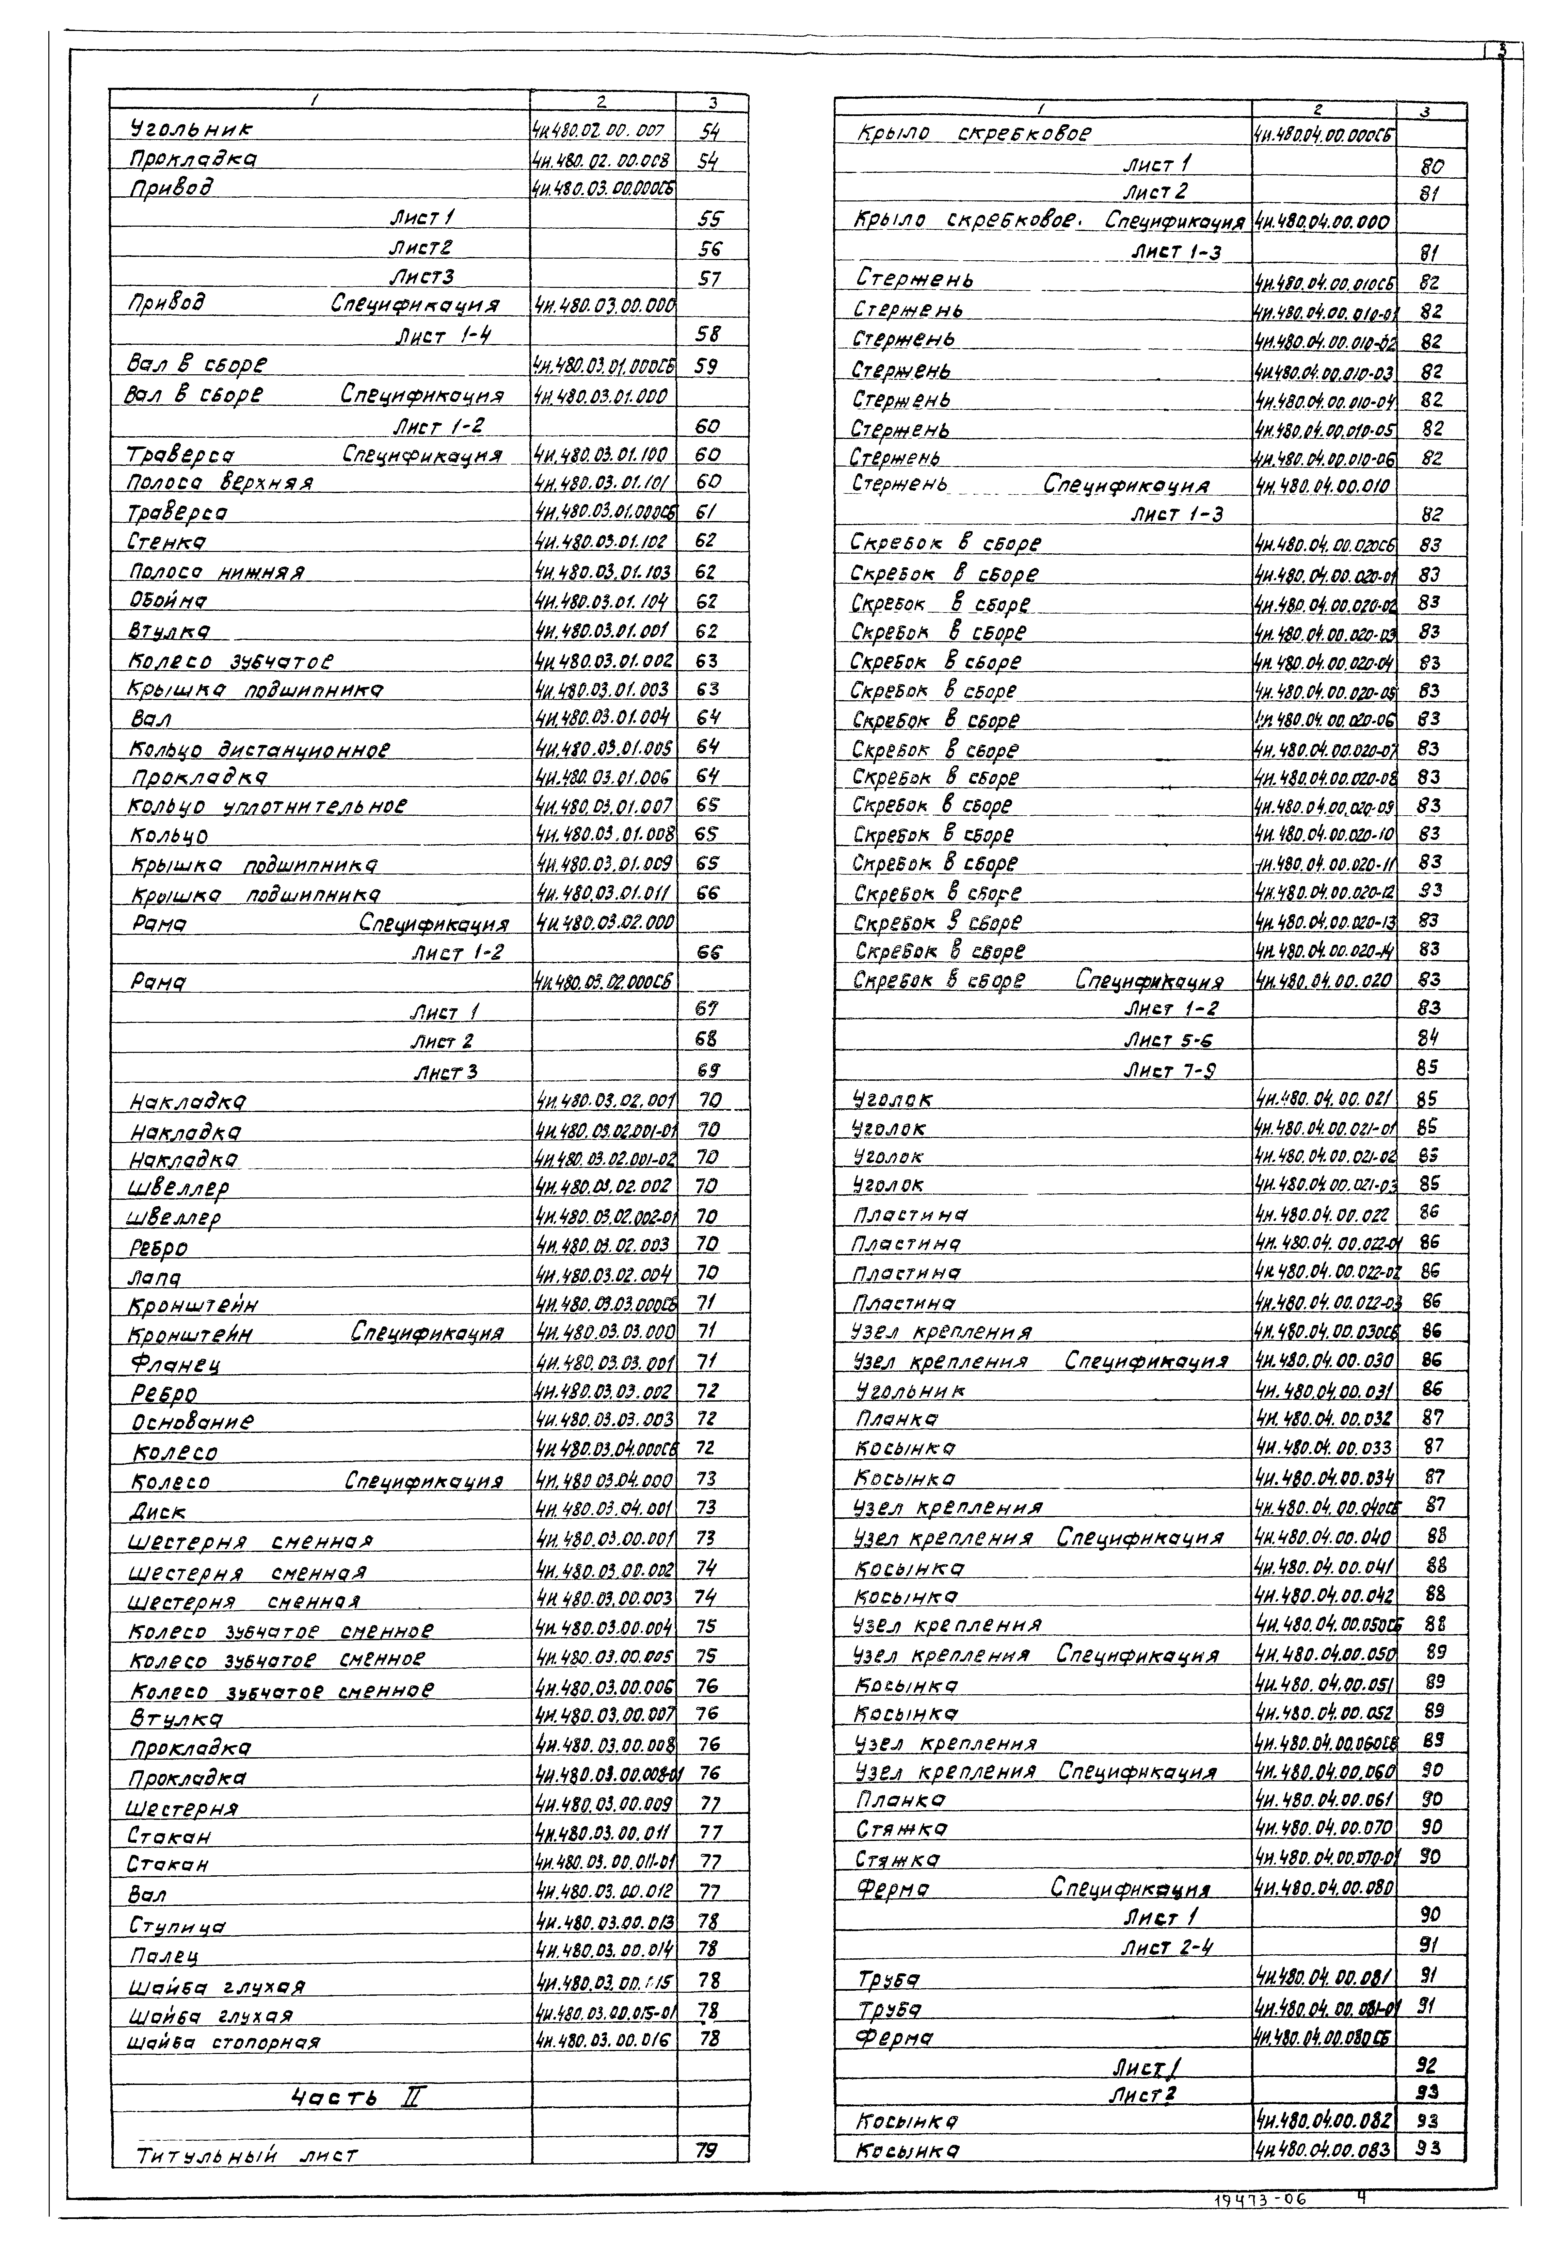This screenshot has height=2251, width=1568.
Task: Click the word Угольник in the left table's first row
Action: tap(191, 128)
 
